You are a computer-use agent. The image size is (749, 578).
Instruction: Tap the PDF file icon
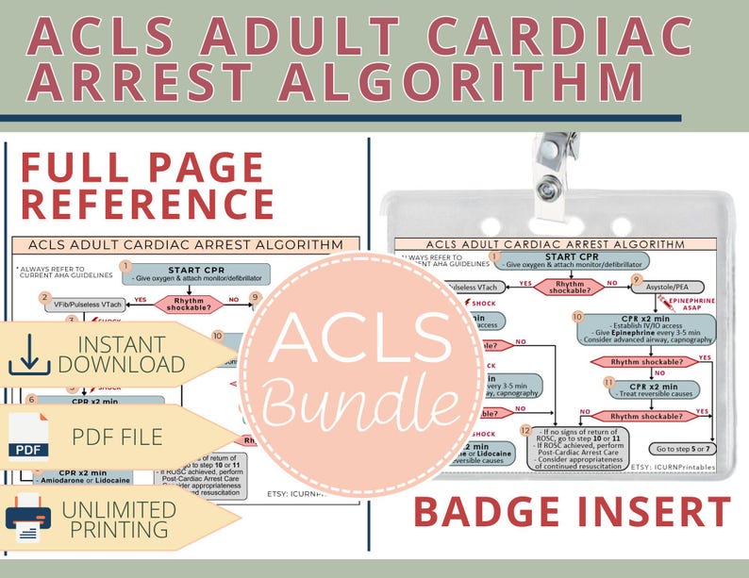pos(27,435)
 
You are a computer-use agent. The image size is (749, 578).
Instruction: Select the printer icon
pos(27,517)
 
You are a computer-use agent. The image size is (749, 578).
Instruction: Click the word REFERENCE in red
pos(146,203)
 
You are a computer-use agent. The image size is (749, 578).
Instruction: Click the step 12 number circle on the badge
pos(526,430)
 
